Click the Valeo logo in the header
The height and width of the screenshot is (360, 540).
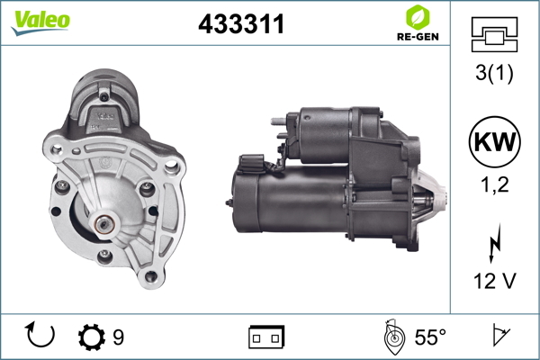click(40, 22)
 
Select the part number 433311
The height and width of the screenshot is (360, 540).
click(241, 24)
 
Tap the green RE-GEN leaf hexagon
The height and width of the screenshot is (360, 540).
click(418, 17)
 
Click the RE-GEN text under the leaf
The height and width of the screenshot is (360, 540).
click(418, 37)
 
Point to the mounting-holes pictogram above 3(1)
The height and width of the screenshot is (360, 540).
click(494, 34)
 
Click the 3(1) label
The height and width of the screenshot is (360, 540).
click(494, 73)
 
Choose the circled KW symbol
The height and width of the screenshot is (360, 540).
click(494, 141)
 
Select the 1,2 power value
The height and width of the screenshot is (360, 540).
click(494, 185)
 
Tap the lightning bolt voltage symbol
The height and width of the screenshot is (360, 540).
click(494, 243)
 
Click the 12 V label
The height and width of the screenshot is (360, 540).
click(494, 281)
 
